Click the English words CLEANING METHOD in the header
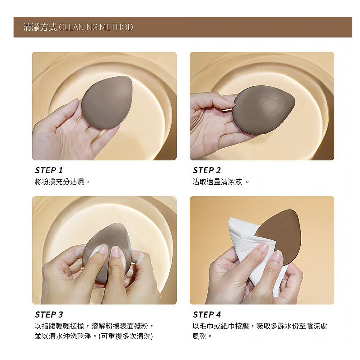tap(96, 27)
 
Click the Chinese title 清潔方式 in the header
tap(40, 27)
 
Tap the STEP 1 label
tap(49, 170)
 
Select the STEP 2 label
tap(206, 170)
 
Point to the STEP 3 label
tap(49, 314)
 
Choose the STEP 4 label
tap(207, 314)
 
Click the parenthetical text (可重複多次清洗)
tap(126, 337)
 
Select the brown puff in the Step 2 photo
tap(264, 110)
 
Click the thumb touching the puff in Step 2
tap(220, 102)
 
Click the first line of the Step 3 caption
tap(94, 326)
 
